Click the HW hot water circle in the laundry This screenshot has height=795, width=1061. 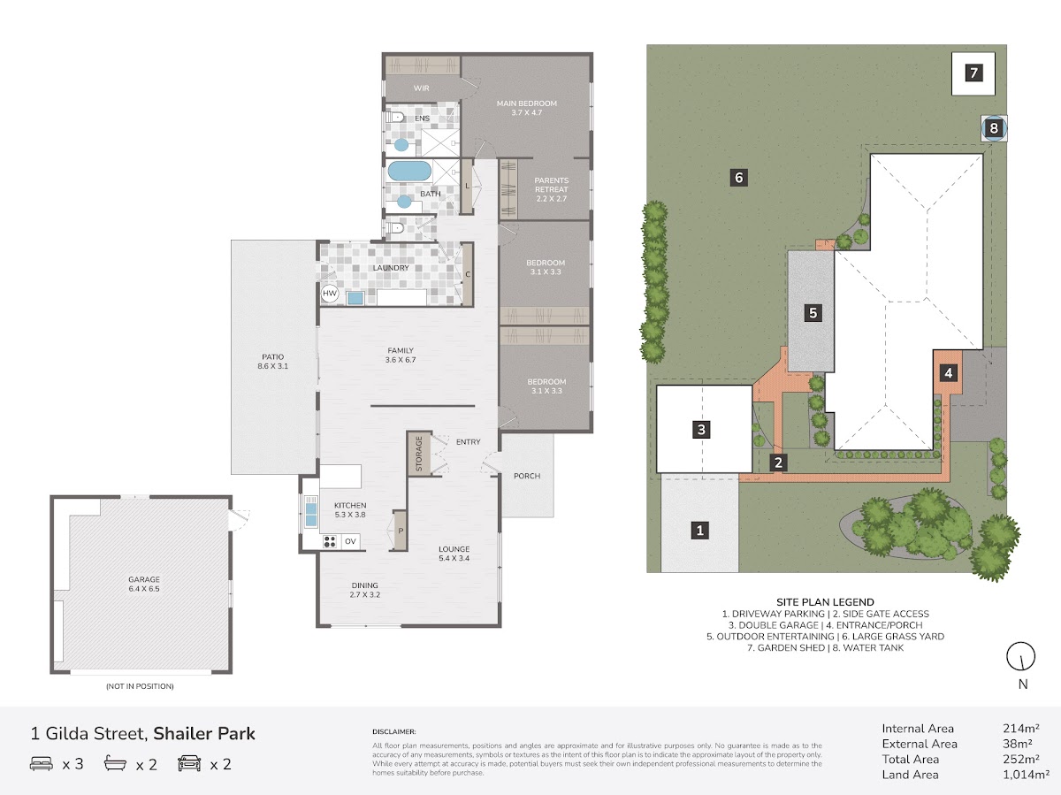(330, 294)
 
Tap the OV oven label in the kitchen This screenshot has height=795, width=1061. (350, 541)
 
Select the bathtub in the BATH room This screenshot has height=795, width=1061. (409, 171)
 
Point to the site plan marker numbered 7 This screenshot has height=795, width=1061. (973, 73)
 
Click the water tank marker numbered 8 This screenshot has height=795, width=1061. (994, 128)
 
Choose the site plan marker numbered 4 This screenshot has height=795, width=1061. (948, 372)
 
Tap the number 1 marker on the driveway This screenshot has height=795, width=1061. (699, 531)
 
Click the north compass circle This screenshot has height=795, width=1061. (1021, 656)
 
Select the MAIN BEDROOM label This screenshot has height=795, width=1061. (527, 103)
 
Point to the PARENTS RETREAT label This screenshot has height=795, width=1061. (552, 185)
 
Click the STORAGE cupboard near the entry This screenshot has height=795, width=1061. (418, 454)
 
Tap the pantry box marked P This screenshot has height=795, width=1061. (401, 531)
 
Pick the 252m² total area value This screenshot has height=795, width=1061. (1021, 759)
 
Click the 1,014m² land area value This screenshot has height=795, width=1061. (1026, 775)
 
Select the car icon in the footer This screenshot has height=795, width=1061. (189, 763)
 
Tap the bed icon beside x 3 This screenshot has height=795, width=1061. (41, 763)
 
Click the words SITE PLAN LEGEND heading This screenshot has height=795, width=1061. (825, 602)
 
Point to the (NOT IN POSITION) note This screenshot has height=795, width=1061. (140, 686)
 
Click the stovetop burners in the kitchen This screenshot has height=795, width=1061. (330, 542)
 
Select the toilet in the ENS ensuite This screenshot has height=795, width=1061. (395, 117)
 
